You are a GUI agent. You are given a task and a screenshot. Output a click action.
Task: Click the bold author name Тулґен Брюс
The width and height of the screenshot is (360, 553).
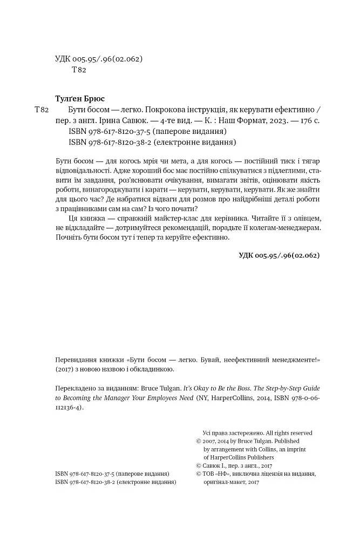click(x=80, y=99)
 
